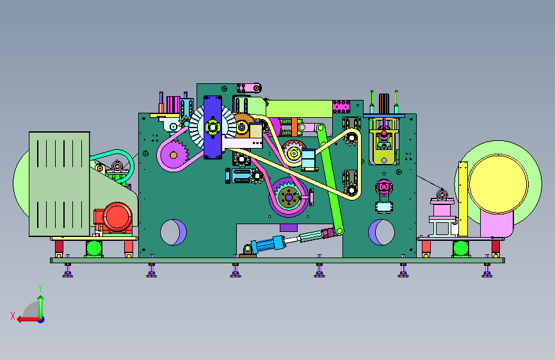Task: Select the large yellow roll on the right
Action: pos(498,184)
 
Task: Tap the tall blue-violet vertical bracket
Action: pos(213,127)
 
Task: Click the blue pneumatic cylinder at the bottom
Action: pos(268,244)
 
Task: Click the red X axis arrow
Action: pos(28,319)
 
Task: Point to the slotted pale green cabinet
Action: pos(59,184)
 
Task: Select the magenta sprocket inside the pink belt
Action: pos(173,155)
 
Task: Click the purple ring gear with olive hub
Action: pos(289,197)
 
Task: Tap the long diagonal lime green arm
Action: pos(330,179)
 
